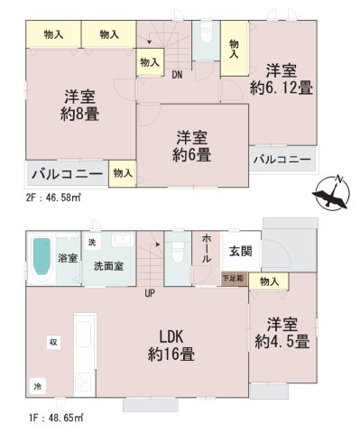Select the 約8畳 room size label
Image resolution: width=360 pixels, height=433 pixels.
click(x=79, y=115)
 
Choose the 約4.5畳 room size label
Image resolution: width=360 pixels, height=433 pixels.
click(x=282, y=342)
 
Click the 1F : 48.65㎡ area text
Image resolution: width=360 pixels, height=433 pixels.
click(x=42, y=417)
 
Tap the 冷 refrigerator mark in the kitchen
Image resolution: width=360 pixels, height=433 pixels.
click(x=38, y=384)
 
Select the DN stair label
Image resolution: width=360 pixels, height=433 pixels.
click(x=180, y=76)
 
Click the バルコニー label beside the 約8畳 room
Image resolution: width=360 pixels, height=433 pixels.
click(x=63, y=173)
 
